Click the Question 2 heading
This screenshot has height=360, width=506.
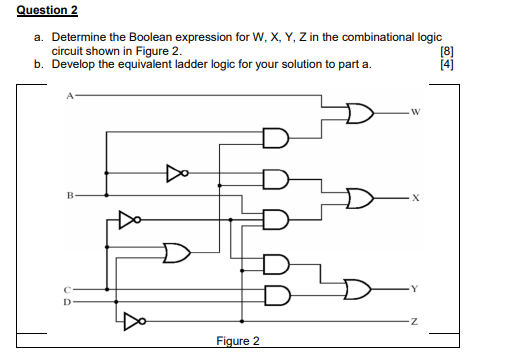point(42,11)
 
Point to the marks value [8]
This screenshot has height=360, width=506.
point(446,50)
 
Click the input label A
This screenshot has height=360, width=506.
point(70,98)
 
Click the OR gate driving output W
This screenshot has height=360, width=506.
point(358,112)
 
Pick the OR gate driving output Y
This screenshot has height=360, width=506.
point(357,289)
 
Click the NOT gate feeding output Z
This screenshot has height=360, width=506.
point(134,321)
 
